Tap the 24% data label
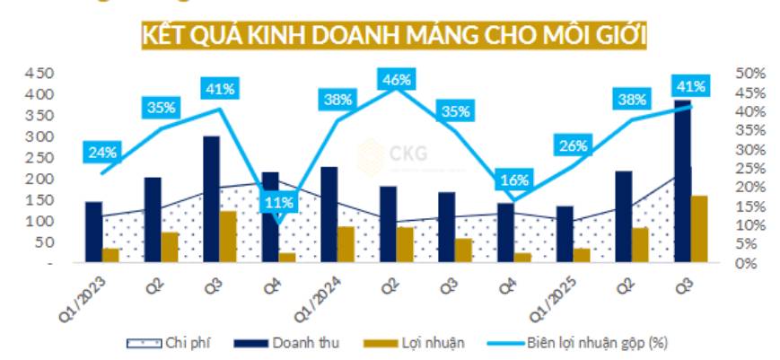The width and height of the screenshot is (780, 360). [x=101, y=153]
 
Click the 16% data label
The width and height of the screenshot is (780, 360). [x=514, y=180]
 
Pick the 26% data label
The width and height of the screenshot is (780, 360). [x=572, y=145]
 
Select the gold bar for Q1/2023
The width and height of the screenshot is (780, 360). [x=110, y=256]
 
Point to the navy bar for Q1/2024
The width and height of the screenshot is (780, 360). [x=329, y=215]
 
